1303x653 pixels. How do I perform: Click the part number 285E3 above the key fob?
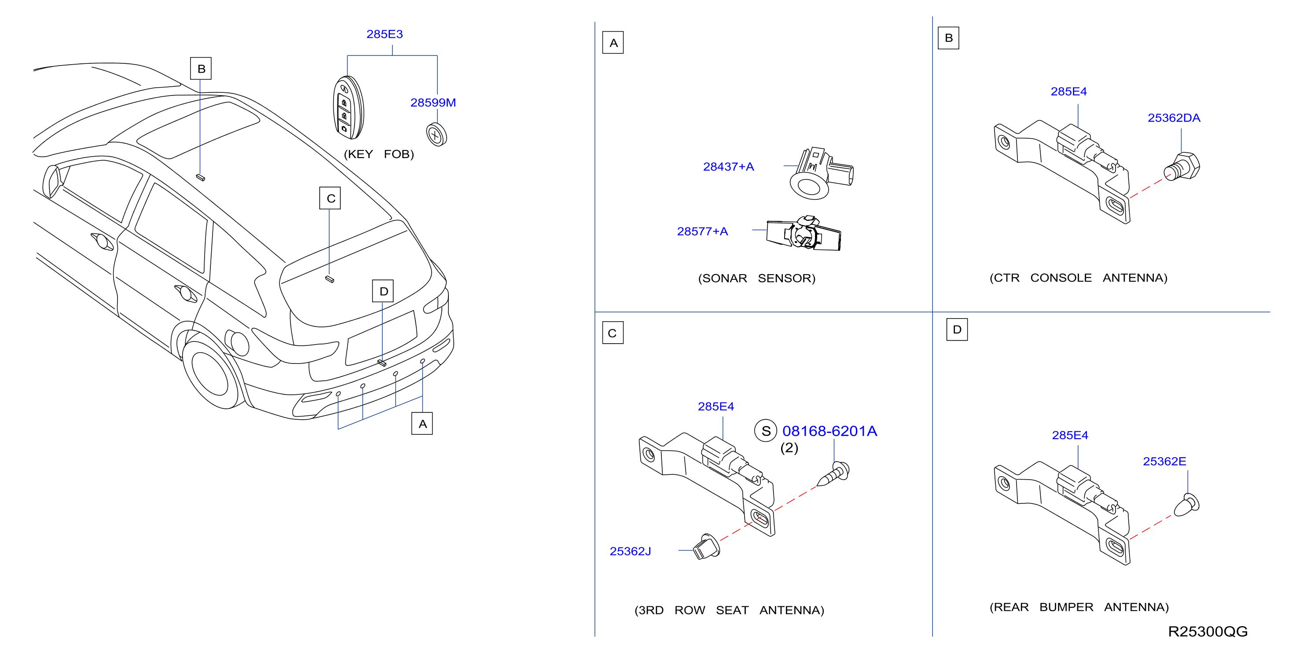(385, 34)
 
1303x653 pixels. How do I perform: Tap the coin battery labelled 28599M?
(437, 135)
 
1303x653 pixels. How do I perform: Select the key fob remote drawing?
(348, 107)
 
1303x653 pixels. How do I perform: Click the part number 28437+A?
(728, 166)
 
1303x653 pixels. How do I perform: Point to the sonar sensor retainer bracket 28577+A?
(804, 233)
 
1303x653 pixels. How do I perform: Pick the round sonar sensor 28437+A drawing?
(821, 173)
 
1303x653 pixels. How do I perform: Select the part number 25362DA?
(1174, 118)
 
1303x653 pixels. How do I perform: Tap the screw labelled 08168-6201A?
(833, 474)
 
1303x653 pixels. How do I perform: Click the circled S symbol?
(766, 431)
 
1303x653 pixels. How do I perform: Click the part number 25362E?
(1164, 461)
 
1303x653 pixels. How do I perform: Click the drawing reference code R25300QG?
(1208, 631)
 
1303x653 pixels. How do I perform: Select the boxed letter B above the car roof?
(201, 69)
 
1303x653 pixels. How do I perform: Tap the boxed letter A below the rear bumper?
(422, 424)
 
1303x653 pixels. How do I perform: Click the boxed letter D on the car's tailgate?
(383, 291)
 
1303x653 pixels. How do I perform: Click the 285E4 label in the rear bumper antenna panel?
(1070, 435)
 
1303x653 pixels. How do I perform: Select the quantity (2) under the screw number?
(789, 448)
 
